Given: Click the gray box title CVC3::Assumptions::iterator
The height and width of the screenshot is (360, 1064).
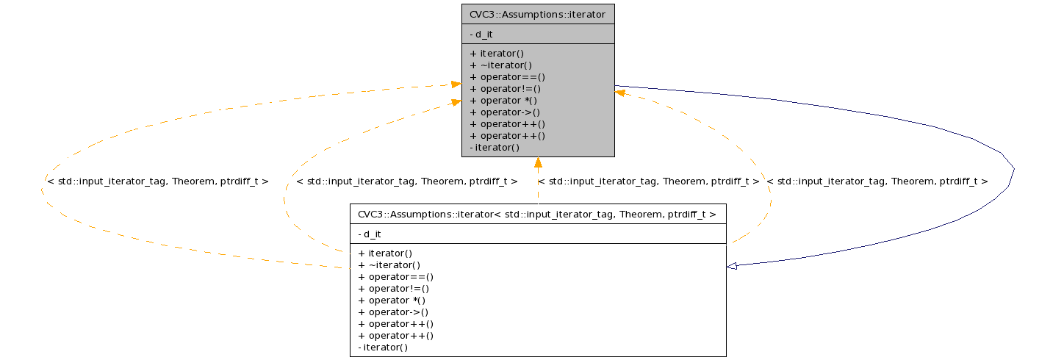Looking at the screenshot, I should (536, 14).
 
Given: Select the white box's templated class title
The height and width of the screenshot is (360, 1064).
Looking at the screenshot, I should (536, 214).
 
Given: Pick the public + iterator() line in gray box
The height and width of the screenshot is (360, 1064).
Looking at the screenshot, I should (496, 53).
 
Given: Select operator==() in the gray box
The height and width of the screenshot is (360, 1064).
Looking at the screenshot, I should (507, 76).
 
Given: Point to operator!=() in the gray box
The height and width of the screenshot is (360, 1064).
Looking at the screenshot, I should (505, 88).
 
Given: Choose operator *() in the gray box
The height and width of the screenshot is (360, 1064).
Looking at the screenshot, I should (503, 100).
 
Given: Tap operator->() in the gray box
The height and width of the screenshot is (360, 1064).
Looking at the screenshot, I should (504, 112).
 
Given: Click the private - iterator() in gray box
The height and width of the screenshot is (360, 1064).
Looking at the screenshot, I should (494, 147).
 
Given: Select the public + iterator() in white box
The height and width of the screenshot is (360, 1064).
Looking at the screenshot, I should (385, 253).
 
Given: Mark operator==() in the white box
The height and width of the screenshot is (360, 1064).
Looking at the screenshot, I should (395, 276).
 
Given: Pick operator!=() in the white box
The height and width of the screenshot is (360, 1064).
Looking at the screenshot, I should (394, 288).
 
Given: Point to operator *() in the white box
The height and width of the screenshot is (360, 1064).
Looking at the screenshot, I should (392, 300).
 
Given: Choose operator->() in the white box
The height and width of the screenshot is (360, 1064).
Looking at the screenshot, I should (393, 312).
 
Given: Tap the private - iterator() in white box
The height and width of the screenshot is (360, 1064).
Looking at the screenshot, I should (382, 347).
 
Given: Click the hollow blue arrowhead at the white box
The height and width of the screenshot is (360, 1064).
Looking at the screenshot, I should (732, 266).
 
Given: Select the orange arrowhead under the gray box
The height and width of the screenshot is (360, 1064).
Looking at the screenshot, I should (538, 162).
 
